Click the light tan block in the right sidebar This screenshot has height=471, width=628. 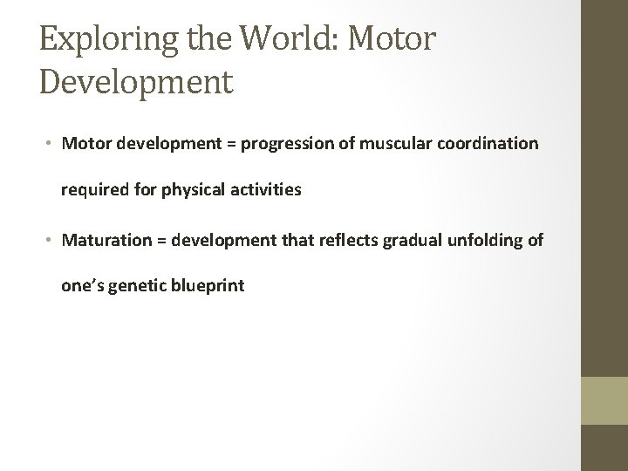click(604, 400)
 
